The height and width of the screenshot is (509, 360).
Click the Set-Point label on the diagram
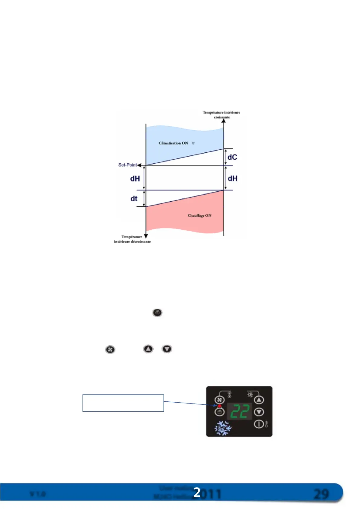(127, 165)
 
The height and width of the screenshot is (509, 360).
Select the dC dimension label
(232, 157)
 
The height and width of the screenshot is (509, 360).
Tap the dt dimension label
(134, 199)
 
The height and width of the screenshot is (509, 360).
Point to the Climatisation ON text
(173, 143)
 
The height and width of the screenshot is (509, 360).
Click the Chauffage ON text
(199, 216)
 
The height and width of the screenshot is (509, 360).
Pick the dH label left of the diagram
(135, 179)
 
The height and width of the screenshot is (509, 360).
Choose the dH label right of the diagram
(232, 178)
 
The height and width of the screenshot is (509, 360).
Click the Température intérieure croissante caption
(222, 115)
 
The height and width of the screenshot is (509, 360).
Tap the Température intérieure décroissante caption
(132, 239)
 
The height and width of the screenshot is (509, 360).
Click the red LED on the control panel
(220, 406)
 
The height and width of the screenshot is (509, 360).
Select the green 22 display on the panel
(240, 411)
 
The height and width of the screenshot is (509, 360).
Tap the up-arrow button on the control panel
(259, 400)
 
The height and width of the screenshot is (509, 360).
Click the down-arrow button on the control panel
(259, 412)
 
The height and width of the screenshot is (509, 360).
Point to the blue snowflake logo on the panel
(223, 428)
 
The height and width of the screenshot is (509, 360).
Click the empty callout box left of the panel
(123, 403)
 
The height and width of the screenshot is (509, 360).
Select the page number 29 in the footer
(321, 494)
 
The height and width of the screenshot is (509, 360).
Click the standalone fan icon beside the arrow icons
(110, 349)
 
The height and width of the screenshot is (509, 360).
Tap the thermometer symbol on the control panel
(266, 424)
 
